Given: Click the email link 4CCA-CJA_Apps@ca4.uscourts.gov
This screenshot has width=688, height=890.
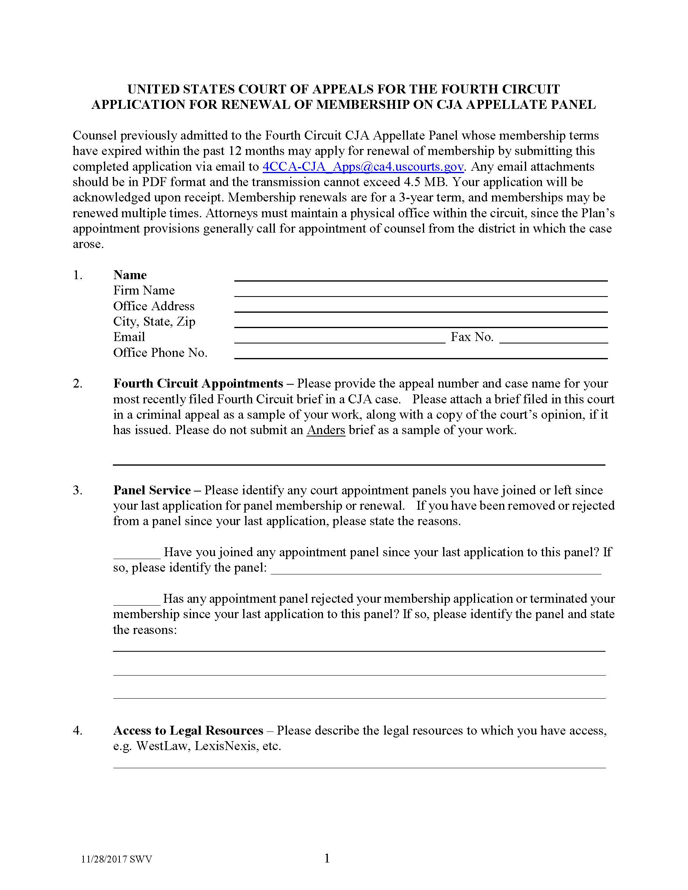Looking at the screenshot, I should tap(363, 167).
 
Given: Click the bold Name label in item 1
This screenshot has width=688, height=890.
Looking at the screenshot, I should tap(130, 275).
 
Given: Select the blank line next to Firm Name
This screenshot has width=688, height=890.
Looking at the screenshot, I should tap(420, 292).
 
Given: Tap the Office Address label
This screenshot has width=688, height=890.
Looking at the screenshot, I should tap(154, 306).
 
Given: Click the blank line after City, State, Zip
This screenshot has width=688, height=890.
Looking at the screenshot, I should tap(420, 324).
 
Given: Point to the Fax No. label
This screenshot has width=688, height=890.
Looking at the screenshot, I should tap(471, 337).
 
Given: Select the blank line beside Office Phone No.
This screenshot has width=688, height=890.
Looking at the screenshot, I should tap(420, 355).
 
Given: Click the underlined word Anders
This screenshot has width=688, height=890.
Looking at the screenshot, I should tap(326, 430).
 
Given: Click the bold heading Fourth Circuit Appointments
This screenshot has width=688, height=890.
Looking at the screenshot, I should tap(198, 384).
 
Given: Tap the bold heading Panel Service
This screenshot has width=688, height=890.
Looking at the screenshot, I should tap(152, 490).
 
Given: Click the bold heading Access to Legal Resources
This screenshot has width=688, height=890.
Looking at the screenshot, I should tap(188, 731).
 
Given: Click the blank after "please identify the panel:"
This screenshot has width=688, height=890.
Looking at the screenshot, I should tap(435, 570).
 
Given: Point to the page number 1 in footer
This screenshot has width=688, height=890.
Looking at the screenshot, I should tap(327, 858).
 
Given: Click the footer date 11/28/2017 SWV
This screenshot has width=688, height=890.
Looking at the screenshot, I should tap(117, 859).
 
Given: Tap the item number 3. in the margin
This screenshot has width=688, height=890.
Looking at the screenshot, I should tap(77, 490).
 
